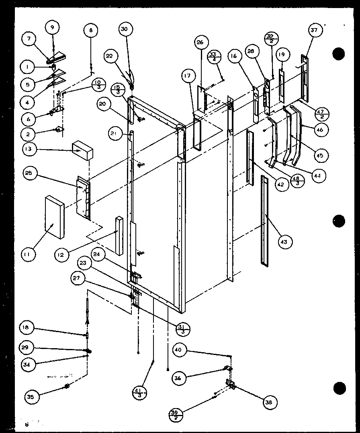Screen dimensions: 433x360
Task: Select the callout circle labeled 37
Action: [x=314, y=31]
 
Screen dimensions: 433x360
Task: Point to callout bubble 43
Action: [x=285, y=242]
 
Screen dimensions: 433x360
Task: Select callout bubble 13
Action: [x=31, y=150]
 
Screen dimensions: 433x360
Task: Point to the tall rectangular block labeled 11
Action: [x=55, y=217]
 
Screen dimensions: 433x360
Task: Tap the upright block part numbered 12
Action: [x=119, y=236]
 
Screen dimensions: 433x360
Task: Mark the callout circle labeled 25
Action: [x=31, y=174]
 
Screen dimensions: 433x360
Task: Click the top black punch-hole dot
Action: [x=340, y=54]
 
